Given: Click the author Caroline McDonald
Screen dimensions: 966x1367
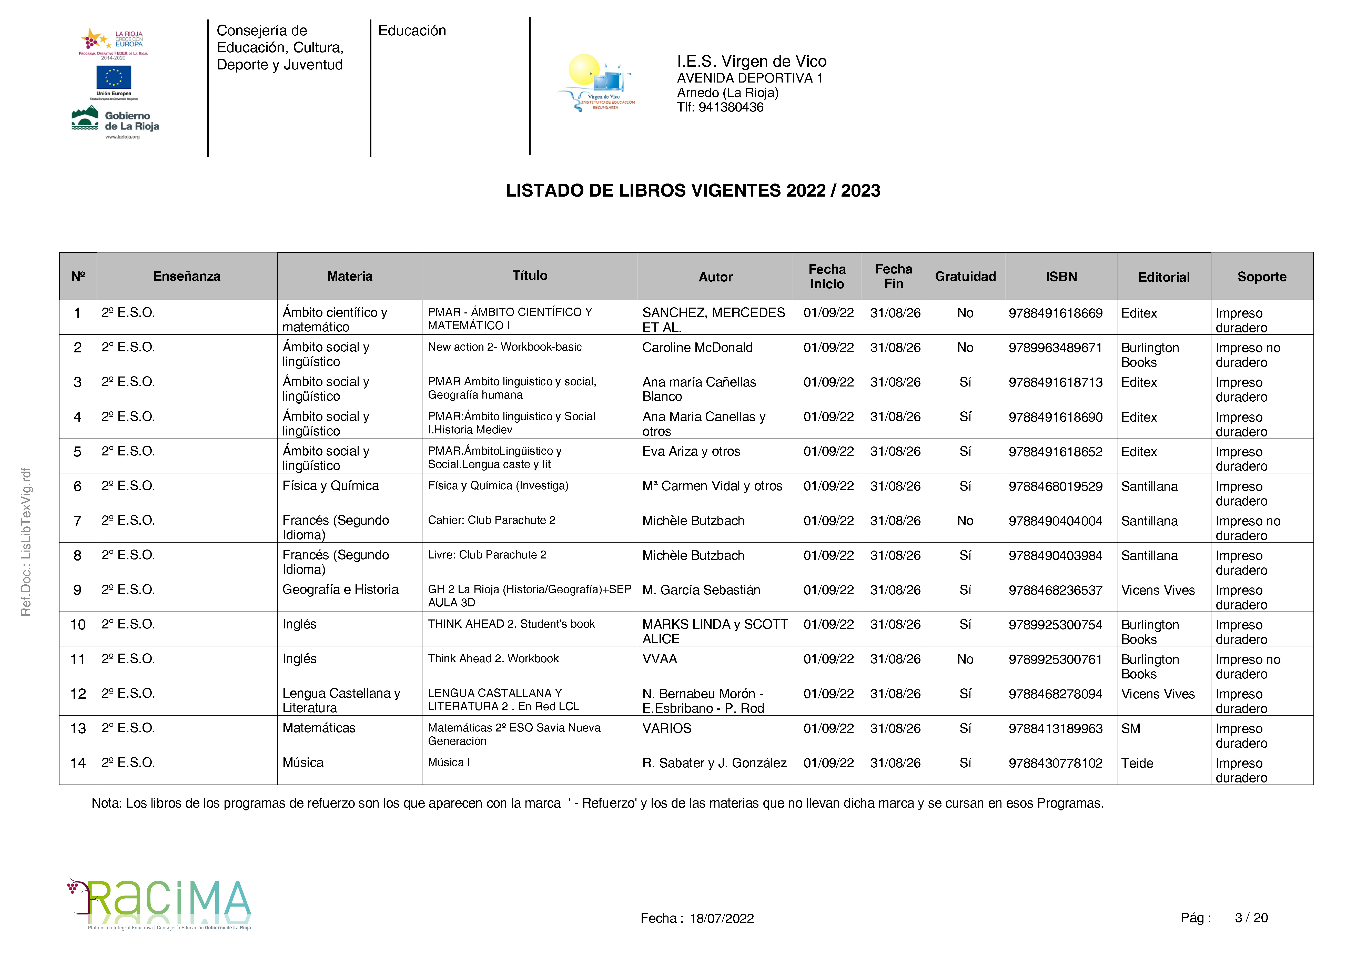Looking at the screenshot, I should coord(697,348).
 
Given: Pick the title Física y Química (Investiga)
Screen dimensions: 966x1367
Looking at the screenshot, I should coord(498,486).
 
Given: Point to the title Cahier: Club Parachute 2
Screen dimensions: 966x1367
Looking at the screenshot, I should coord(491,520).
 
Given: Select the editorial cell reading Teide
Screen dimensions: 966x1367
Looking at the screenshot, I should coord(1137,763).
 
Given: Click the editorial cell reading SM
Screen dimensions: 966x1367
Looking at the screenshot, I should coord(1131,728).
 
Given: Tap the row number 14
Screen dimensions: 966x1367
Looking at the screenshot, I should coord(78,763).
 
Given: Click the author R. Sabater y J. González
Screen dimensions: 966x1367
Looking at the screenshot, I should coord(714,763).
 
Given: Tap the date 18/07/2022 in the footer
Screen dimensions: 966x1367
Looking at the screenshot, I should coord(722,918).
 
